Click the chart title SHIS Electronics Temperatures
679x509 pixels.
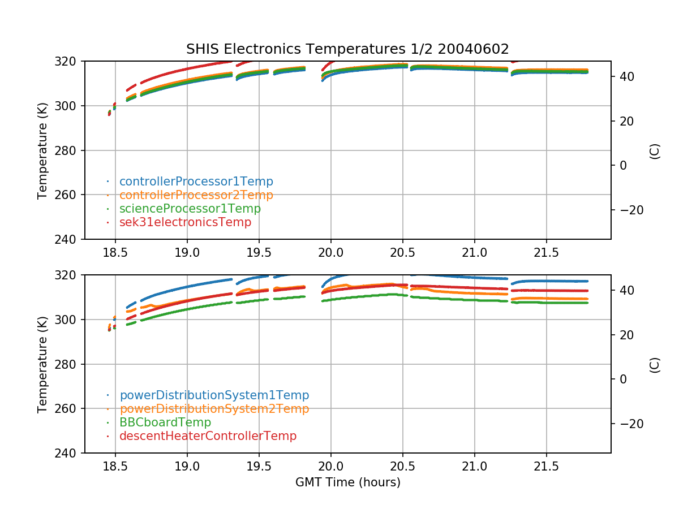[347, 49]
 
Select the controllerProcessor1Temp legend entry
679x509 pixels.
[196, 182]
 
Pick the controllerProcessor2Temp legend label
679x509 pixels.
[196, 195]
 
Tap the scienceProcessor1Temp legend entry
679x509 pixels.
[190, 209]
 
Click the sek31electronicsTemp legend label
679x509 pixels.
[185, 222]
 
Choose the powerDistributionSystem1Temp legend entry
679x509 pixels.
[214, 395]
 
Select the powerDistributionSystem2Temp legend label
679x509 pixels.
[214, 409]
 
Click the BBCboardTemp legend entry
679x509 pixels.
[165, 422]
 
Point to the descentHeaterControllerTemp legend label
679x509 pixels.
[208, 436]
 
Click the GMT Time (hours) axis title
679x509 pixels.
[347, 482]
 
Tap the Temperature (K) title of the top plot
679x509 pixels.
[42, 150]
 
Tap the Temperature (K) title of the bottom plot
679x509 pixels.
[42, 364]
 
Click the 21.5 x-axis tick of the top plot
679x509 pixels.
[546, 252]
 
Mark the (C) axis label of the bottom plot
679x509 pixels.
[655, 364]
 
